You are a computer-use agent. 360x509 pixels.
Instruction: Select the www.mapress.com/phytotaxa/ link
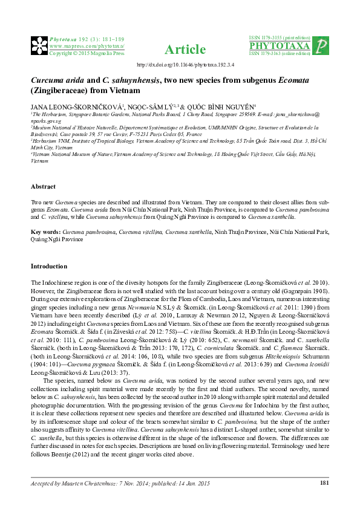click(x=87, y=46)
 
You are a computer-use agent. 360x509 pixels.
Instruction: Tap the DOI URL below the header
click(x=180, y=65)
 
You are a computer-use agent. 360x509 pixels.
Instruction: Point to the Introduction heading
click(x=50, y=266)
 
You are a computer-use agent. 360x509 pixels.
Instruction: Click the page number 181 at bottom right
click(x=324, y=482)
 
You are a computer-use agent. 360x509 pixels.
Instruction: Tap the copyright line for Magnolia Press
click(x=86, y=53)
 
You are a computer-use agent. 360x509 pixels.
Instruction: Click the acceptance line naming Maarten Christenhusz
click(x=113, y=482)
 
